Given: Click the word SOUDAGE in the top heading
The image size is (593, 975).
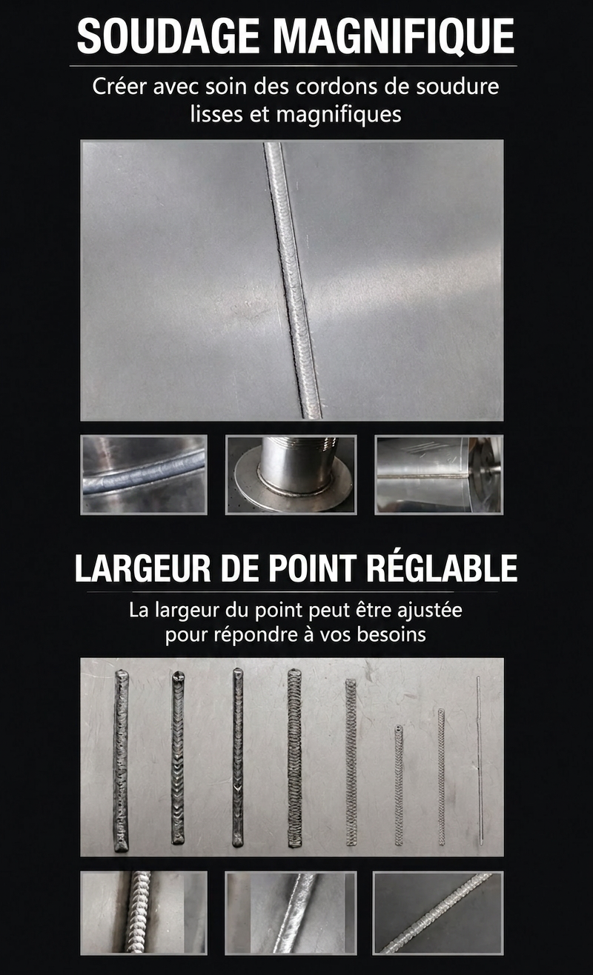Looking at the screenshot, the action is [168, 36].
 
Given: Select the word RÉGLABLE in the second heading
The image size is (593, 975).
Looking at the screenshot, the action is [442, 568].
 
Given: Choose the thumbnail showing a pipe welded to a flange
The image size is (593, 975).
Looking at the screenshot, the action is [291, 475].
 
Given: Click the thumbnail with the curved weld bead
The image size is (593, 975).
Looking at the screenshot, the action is [144, 475].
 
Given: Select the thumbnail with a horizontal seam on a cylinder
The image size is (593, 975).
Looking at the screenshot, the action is [439, 475].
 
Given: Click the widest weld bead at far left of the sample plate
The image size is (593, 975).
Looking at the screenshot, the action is [121, 760].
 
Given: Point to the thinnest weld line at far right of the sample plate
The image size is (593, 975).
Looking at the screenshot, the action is [480, 760].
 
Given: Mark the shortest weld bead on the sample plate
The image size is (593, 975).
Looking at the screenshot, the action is [398, 785].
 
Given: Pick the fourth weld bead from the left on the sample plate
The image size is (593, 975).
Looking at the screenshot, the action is [294, 758].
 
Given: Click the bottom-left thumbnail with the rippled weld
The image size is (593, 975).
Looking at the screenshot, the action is [144, 912].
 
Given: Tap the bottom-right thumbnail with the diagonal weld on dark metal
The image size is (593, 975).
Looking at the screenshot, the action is [438, 912].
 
